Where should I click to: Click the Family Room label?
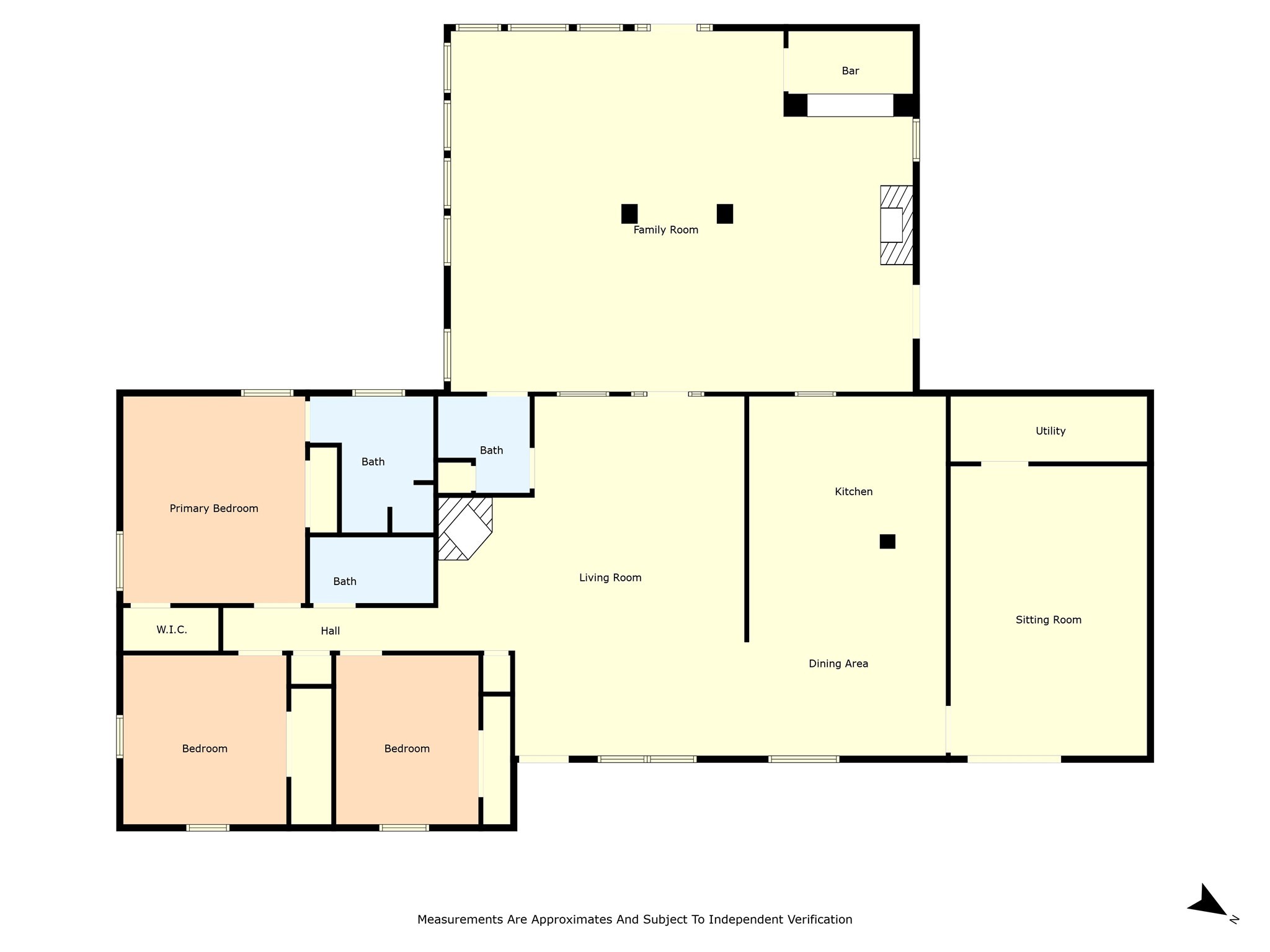[665, 230]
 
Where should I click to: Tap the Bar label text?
[850, 71]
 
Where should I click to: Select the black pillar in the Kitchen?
[887, 541]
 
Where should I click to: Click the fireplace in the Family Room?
[896, 225]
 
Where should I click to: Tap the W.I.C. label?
[172, 630]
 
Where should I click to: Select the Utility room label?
[1050, 431]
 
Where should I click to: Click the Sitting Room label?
[1048, 620]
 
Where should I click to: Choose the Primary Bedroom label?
[214, 508]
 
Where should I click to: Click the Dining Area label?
[838, 664]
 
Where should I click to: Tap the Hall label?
[330, 631]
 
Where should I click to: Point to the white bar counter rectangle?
[850, 105]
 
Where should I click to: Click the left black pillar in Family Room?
[629, 214]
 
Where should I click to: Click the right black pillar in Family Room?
[725, 214]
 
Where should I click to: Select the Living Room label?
[610, 578]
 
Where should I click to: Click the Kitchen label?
[853, 491]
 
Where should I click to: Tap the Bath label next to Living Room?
[491, 451]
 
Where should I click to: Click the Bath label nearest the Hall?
[345, 581]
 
